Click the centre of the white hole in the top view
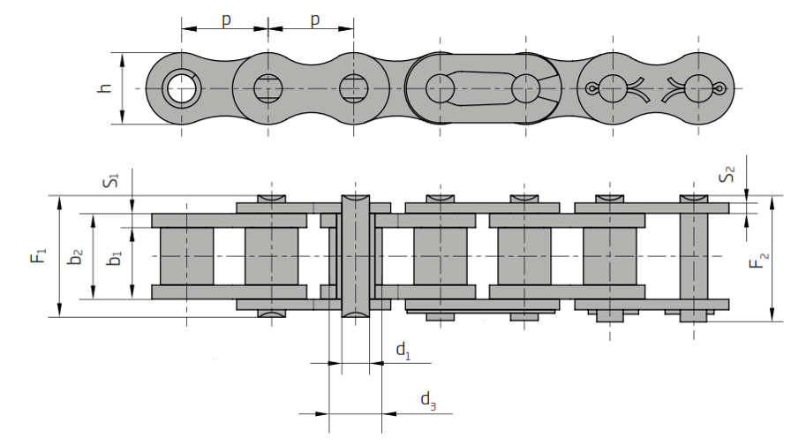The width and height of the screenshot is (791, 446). tap(182, 88)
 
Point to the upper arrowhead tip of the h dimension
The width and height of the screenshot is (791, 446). tap(123, 52)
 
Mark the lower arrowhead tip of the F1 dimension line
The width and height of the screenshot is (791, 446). tap(59, 317)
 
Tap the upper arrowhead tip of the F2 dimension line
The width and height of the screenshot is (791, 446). tap(772, 196)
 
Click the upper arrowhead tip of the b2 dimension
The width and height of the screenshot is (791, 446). tap(94, 214)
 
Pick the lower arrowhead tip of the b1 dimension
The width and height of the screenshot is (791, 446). tap(132, 299)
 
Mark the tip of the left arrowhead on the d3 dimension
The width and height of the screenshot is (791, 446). tap(329, 413)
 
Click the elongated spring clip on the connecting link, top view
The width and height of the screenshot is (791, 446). tap(483, 89)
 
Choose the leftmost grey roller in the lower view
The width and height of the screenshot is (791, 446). tap(186, 256)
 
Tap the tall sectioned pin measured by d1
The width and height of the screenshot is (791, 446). tap(355, 256)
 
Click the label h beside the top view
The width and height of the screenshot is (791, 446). tap(104, 87)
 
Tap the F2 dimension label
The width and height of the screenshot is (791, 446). tap(758, 261)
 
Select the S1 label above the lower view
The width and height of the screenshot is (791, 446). tap(111, 180)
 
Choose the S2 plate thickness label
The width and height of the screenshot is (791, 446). tap(727, 175)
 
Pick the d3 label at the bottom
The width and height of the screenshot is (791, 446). tap(428, 401)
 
